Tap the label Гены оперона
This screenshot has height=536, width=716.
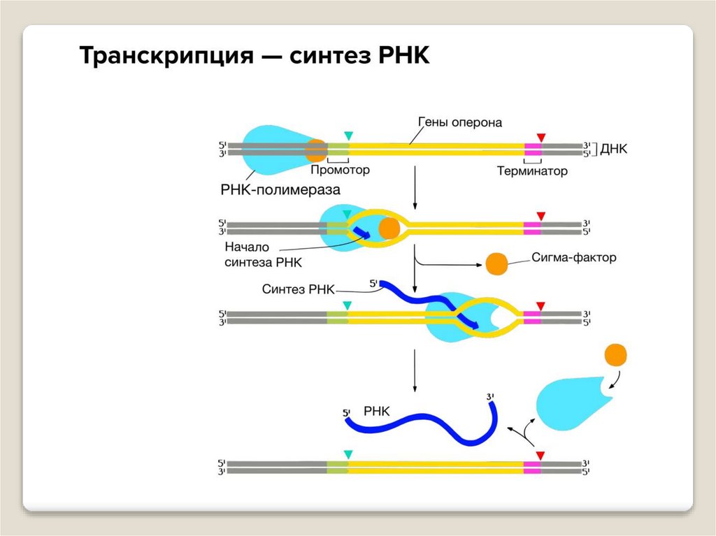coord(460,122)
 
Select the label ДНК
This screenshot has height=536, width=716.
coord(615,149)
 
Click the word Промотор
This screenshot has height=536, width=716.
coord(339,170)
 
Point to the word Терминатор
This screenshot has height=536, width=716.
coord(532,171)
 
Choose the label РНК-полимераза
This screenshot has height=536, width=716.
coord(275,189)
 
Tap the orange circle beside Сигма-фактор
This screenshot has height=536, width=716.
coord(497,263)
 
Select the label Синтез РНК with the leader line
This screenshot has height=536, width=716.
coord(299,289)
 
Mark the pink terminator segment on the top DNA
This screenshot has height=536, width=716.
coord(533,149)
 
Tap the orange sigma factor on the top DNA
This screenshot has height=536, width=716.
coord(316,149)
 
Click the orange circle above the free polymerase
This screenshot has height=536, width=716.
coord(615,354)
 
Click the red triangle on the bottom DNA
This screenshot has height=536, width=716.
coord(540,455)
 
